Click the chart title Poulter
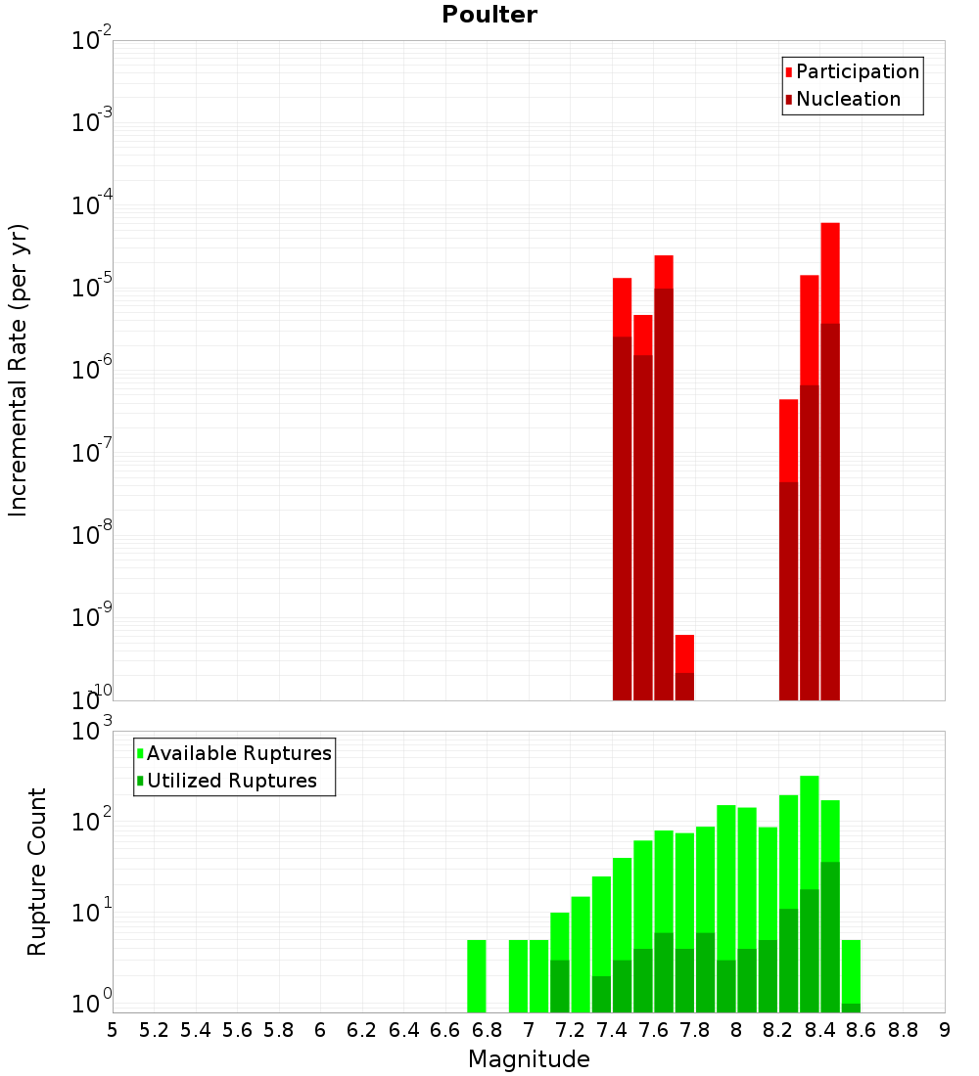click(x=489, y=15)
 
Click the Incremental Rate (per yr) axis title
click(x=19, y=371)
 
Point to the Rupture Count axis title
click(x=37, y=872)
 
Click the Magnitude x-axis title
click(x=529, y=1059)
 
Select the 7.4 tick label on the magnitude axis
click(x=612, y=1030)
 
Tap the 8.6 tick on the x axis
click(x=862, y=1030)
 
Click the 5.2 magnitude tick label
click(x=154, y=1030)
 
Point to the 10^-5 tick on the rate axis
click(x=91, y=288)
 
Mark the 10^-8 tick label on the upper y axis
click(x=91, y=535)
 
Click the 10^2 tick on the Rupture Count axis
click(x=91, y=822)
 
